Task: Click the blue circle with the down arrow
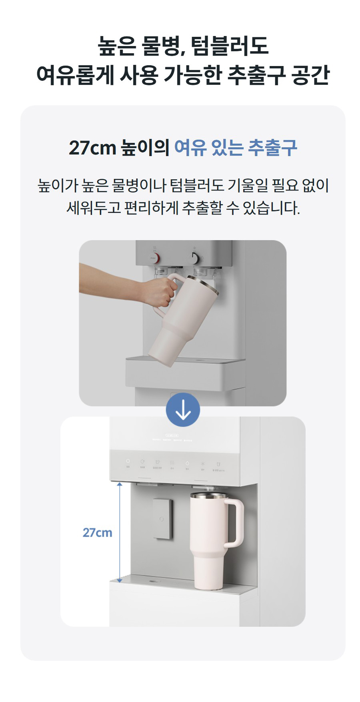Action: pyautogui.click(x=183, y=410)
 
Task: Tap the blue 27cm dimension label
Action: pyautogui.click(x=97, y=533)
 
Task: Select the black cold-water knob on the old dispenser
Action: pyautogui.click(x=194, y=258)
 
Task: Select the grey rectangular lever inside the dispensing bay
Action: pyautogui.click(x=163, y=518)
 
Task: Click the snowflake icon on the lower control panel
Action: pyautogui.click(x=202, y=464)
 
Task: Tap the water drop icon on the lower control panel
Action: pyautogui.click(x=187, y=464)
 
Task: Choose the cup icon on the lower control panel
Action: pyautogui.click(x=218, y=464)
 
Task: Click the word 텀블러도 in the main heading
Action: pyautogui.click(x=230, y=46)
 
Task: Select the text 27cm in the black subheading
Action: pyautogui.click(x=92, y=148)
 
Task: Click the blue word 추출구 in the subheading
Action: pyautogui.click(x=272, y=148)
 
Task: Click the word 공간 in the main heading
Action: pyautogui.click(x=310, y=75)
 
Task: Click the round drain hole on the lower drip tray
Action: pyautogui.click(x=153, y=580)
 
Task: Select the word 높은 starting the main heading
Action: pyautogui.click(x=116, y=46)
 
